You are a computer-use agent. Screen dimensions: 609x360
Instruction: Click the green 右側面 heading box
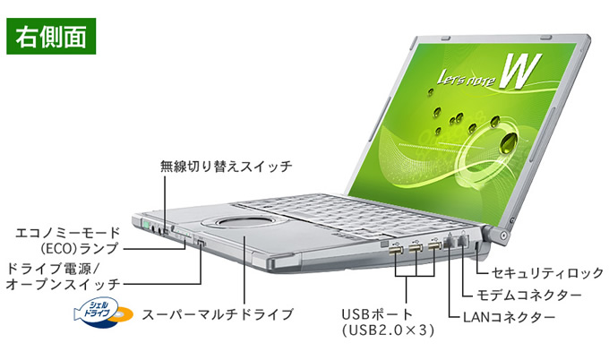tap(51, 36)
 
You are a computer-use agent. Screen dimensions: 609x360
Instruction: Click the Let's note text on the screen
tap(467, 78)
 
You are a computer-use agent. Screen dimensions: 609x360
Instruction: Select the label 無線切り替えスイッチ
tap(226, 167)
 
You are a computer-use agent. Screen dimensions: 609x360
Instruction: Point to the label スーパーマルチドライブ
tap(218, 313)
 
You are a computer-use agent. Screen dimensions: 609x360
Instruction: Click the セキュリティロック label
tap(547, 273)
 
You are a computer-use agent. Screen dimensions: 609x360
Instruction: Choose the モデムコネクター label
tap(529, 296)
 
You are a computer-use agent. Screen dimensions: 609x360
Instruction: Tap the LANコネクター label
tap(510, 317)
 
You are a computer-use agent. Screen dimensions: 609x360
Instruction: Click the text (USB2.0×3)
tap(388, 330)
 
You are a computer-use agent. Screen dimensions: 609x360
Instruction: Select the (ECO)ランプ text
tap(79, 248)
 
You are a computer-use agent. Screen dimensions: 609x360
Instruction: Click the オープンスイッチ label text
tap(64, 284)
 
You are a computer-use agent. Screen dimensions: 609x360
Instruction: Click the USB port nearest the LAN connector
tap(434, 247)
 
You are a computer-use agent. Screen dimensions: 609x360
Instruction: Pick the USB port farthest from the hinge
tap(395, 251)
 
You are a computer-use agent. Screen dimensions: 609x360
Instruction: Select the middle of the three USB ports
tap(416, 249)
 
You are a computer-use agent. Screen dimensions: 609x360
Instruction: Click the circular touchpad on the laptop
tap(244, 224)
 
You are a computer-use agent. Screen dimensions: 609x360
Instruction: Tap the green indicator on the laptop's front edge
tap(146, 225)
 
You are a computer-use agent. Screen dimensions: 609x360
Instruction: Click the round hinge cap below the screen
tap(503, 235)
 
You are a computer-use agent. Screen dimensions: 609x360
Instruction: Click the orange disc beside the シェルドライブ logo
tap(123, 315)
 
